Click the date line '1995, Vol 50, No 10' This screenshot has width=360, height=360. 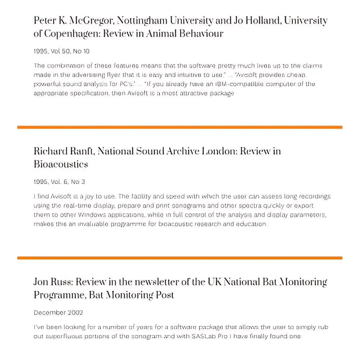[62, 51]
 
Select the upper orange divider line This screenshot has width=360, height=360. [180, 127]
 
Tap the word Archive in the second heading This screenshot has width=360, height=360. [184, 151]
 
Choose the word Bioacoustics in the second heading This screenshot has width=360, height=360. [61, 165]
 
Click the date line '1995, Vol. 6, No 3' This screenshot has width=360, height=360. [59, 182]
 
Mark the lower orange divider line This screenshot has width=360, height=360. [180, 258]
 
